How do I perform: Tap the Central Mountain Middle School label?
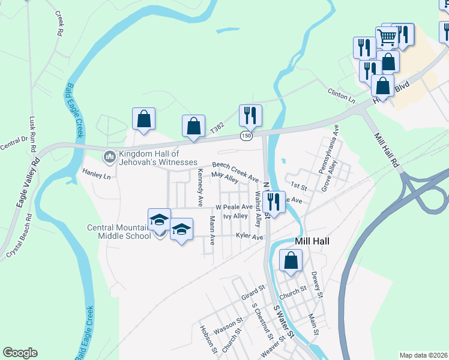pyautogui.click(x=119, y=232)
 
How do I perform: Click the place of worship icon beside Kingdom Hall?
pyautogui.click(x=109, y=157)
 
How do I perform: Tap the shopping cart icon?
pyautogui.click(x=387, y=38)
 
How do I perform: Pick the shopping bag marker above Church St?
pyautogui.click(x=291, y=261)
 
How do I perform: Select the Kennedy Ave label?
pyautogui.click(x=200, y=188)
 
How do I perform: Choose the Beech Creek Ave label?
pyautogui.click(x=235, y=171)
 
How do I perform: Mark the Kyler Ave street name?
pyautogui.click(x=250, y=237)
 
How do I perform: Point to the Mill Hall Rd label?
pyautogui.click(x=387, y=149)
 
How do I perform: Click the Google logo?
pyautogui.click(x=20, y=353)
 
